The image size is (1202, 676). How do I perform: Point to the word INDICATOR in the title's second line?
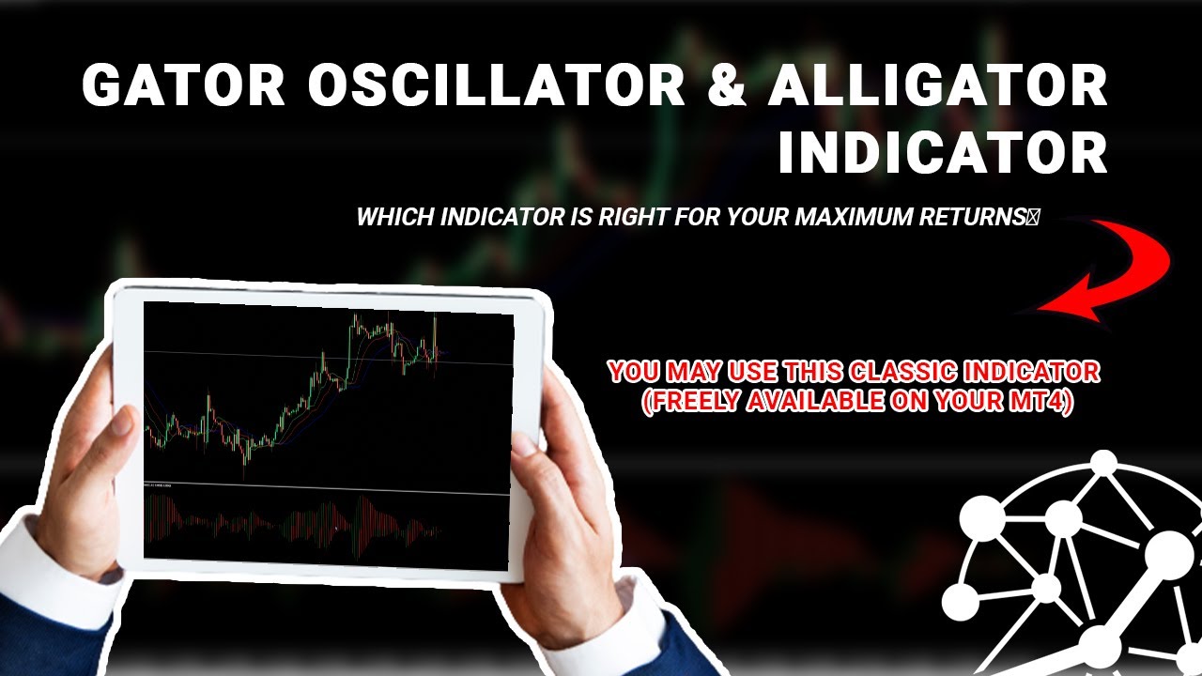click(942, 153)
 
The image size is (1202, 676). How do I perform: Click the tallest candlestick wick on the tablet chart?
click(435, 343)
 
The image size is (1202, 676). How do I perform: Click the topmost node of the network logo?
click(1104, 462)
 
